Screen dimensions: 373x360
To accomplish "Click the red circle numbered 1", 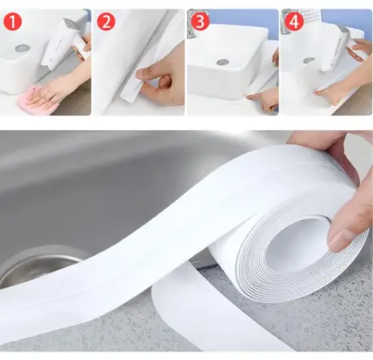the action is [13, 22].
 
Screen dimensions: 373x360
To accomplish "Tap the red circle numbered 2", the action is [106, 22].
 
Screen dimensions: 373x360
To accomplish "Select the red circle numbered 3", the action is [201, 22].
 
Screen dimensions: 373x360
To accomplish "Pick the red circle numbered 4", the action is [294, 22].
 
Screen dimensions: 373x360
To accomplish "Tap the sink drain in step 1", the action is [22, 48].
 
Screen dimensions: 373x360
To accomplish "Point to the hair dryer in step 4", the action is [335, 48].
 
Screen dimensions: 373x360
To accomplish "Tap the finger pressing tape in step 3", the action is [263, 99].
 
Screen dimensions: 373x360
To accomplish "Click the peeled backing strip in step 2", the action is [132, 90].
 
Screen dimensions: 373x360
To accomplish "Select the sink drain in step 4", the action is [309, 61].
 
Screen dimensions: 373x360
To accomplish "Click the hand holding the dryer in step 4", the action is [359, 50].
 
